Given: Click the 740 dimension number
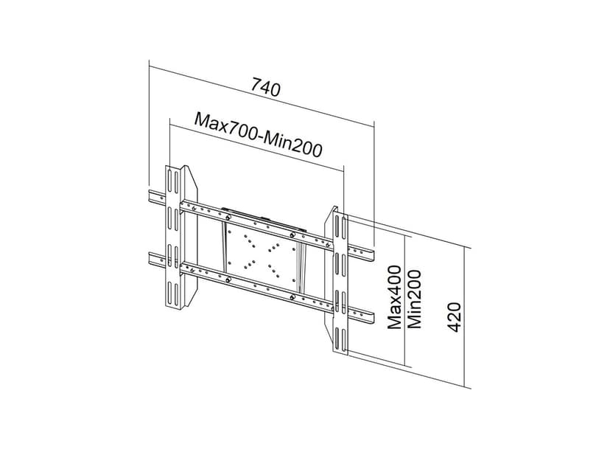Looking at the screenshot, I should click(266, 88).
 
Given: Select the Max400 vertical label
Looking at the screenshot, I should click(396, 298).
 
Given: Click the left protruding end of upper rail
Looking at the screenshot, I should click(156, 197).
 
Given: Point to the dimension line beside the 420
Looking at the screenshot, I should click(467, 317).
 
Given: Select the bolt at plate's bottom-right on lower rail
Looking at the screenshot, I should click(294, 297).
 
